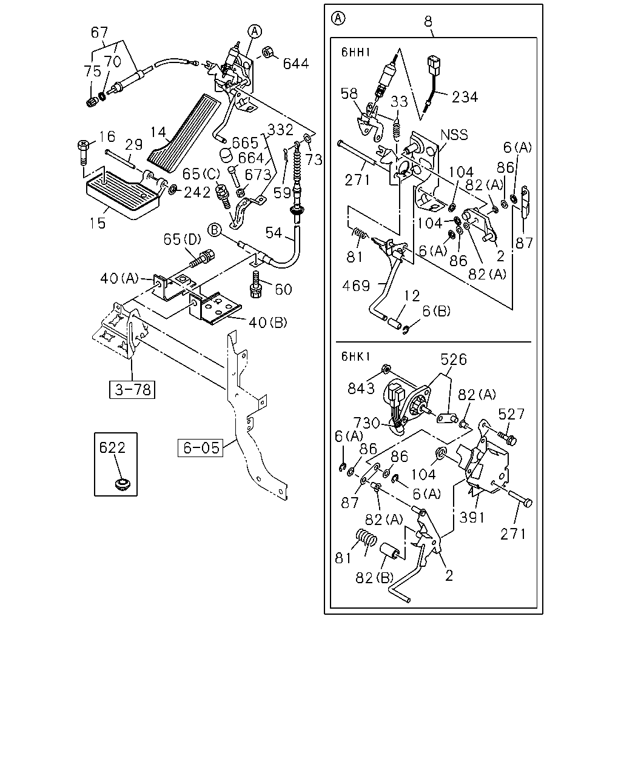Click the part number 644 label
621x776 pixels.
pos(295,64)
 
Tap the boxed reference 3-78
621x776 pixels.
pos(132,389)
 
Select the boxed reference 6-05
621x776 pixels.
pos(200,448)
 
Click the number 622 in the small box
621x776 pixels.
pos(112,447)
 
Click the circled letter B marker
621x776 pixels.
pos(214,230)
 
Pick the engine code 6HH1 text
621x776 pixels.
pos(356,53)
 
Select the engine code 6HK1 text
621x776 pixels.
pos(356,356)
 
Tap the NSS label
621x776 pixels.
pos(454,135)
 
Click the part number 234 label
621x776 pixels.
pos(465,97)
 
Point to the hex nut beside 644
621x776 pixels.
pos(267,52)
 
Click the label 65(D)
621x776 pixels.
pos(182,239)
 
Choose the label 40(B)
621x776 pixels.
pos(267,323)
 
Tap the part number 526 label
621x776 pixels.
pos(454,360)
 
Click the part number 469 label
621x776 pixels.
pos(356,286)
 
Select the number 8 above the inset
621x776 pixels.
pos(428,22)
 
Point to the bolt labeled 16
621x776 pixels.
pos(82,153)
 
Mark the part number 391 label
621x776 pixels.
pos(472,518)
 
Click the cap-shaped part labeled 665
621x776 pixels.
pos(226,155)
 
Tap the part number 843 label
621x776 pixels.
pos(361,389)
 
